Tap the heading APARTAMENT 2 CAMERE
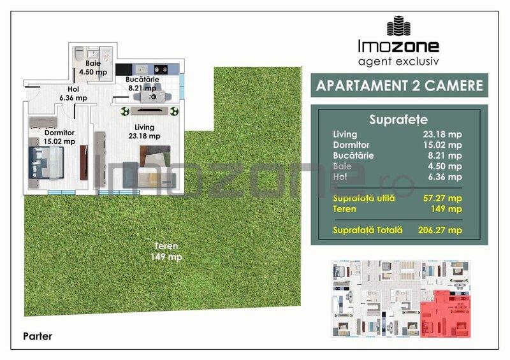point(400,85)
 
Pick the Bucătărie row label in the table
point(353,155)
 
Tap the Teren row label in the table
point(344,208)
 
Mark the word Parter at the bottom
point(38,336)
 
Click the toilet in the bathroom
point(78,54)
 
